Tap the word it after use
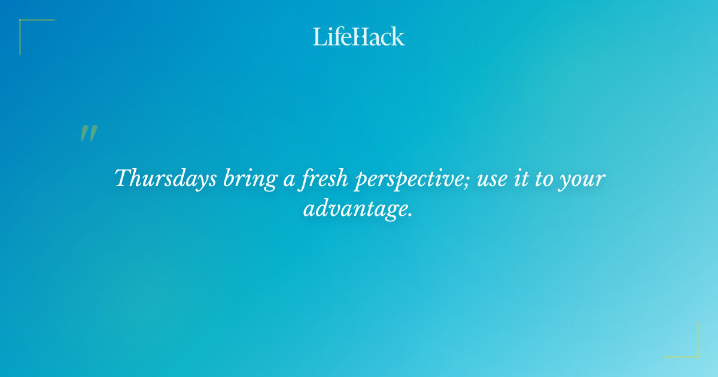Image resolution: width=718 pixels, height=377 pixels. coord(524,178)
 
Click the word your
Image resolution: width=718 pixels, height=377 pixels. coord(584,181)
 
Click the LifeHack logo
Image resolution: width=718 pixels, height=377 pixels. coord(359,37)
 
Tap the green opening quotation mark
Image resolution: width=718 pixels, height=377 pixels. coord(89,133)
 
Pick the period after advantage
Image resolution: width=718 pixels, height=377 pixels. coord(410,215)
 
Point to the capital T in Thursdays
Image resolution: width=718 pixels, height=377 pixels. coord(122,178)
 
